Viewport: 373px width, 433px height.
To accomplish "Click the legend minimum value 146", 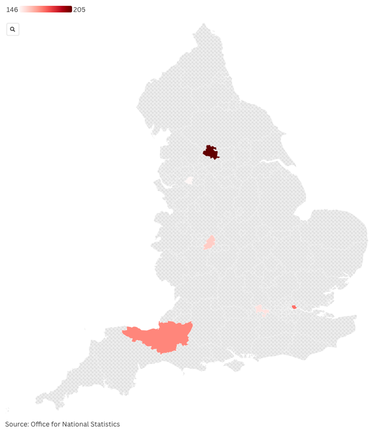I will tap(12, 10).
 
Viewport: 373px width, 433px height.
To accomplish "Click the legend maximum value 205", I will tap(79, 10).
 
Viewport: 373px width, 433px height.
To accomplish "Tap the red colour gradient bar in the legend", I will tap(46, 9).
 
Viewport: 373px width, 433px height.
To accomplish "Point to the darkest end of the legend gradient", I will tap(70, 9).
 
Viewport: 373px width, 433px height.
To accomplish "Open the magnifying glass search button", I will tap(13, 29).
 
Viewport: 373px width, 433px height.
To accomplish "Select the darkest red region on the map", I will tap(210, 152).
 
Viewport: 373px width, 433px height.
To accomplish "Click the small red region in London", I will tap(294, 307).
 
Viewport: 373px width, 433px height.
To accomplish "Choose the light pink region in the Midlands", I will tap(209, 242).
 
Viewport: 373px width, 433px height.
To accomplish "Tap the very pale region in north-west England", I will tap(189, 180).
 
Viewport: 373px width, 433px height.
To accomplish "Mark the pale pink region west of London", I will tap(261, 310).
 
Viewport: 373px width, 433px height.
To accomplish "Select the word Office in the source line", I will tap(40, 424).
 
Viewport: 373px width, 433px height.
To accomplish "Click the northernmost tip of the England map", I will tap(204, 24).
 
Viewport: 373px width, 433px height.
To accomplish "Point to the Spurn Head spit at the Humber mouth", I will tap(295, 165).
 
